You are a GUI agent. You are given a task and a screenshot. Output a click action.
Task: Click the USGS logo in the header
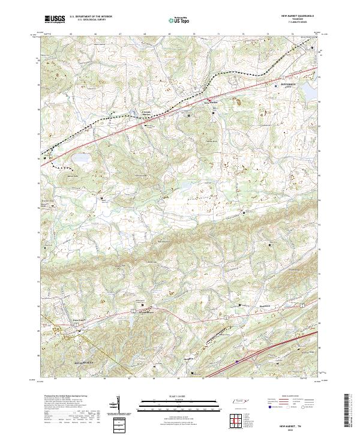click(55, 19)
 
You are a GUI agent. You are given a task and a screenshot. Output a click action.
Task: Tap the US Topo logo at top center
click(179, 19)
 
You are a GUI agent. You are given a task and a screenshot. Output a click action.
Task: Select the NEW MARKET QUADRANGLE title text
click(297, 16)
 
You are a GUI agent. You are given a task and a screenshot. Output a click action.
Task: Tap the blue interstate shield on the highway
click(236, 361)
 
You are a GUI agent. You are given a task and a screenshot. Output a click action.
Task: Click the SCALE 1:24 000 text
click(179, 395)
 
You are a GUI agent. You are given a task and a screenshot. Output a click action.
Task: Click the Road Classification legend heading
click(290, 397)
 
